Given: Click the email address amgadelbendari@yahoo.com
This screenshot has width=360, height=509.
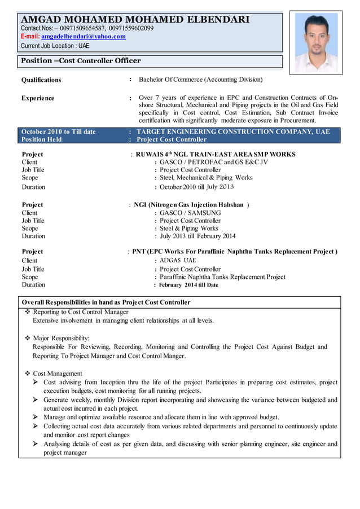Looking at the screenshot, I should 84,36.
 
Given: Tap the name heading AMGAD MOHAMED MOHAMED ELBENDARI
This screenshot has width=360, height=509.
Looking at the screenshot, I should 135,20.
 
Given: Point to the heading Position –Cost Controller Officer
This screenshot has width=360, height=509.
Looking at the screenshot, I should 81,60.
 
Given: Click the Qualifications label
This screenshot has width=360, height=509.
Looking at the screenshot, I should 41,80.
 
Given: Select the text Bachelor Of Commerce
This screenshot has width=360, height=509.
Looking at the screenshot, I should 170,80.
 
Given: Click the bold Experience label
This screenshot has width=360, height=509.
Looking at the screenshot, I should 38,98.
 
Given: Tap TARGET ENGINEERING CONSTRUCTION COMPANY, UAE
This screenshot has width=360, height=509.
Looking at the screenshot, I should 233,131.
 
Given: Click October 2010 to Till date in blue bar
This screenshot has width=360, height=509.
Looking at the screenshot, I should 59,131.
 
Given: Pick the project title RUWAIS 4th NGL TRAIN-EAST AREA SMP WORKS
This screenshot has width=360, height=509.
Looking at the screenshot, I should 215,154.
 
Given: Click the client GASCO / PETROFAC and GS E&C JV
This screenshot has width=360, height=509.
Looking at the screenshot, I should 214,163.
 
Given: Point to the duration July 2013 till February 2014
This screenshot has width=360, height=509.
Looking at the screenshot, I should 197,236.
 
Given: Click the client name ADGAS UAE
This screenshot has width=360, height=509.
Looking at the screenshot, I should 178,261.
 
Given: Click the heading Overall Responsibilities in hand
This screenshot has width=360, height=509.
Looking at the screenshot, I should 106,302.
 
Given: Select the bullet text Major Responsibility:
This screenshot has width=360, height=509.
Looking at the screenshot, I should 61,338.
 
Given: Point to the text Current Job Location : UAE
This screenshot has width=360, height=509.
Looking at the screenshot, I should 55,46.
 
